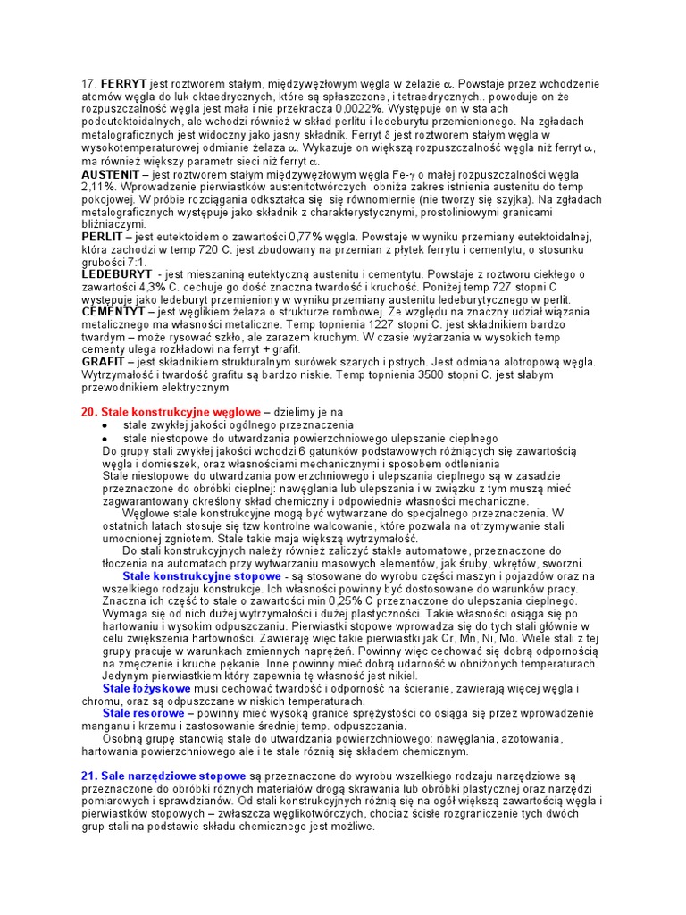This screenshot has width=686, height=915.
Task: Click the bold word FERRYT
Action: (x=124, y=83)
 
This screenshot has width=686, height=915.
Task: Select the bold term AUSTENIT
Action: (x=111, y=173)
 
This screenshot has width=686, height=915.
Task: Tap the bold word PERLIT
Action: (x=103, y=237)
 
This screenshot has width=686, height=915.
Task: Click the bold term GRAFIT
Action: (x=103, y=363)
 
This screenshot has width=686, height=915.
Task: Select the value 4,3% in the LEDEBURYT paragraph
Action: (x=141, y=287)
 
